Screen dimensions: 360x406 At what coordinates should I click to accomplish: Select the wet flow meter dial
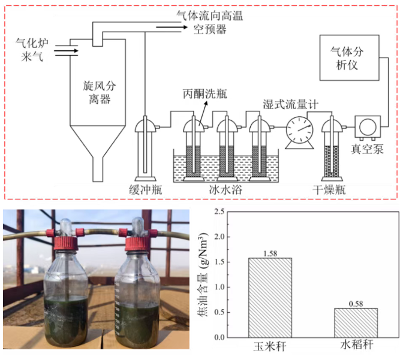[x=297, y=128]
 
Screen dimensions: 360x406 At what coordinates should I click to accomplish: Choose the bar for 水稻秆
[x=356, y=323]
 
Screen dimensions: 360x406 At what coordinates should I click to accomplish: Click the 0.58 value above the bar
[x=356, y=303]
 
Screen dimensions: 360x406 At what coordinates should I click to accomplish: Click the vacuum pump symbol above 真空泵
[x=365, y=127]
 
